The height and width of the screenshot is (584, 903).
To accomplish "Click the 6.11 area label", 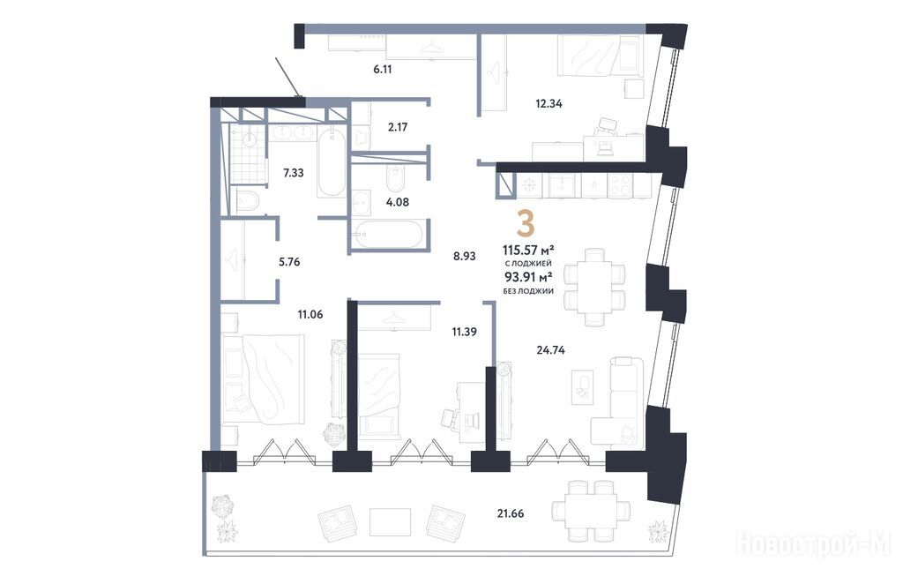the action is pos(383,69).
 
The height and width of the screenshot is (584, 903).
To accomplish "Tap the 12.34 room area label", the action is pos(549,104).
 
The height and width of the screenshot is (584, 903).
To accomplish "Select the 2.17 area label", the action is pos(398,127).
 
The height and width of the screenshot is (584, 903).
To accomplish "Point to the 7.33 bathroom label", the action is pos(293,172).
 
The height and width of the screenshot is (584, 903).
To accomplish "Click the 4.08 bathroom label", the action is pos(398,202).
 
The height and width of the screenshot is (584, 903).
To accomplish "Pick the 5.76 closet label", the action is pos(289,261).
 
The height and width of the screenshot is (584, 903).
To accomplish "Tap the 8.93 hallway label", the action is pos(464,257).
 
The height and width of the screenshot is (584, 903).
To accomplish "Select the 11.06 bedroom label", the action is pos(310,314).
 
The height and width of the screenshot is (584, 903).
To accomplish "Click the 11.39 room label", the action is pos(464,331).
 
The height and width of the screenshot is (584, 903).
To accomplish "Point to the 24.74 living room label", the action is pos(551,349).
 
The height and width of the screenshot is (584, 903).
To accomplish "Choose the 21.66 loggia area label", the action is pos(511,513).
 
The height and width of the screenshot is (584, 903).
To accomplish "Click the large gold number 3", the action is pos(526,223).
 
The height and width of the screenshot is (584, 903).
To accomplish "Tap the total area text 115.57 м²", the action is pos(528,250).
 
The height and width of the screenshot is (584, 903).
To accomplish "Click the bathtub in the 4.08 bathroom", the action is pos(388,235).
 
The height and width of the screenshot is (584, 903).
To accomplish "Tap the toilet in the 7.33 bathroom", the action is pos(248,200).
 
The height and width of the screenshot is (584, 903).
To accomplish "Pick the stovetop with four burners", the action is pos(621,185).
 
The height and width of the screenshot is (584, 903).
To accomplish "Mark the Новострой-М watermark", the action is pos(814,543).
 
